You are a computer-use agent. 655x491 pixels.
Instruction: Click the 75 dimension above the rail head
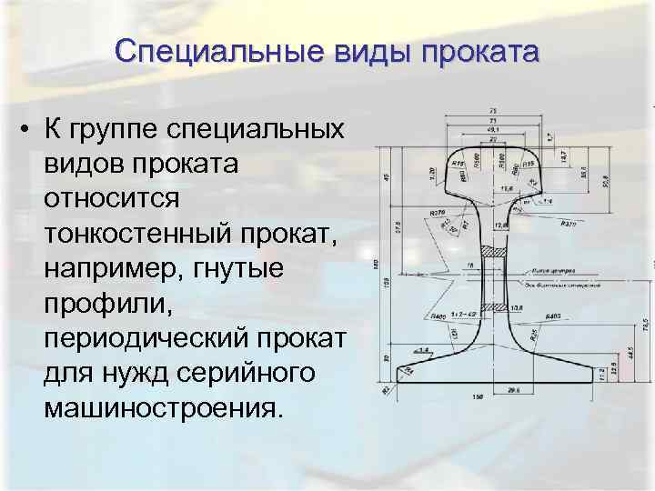492,111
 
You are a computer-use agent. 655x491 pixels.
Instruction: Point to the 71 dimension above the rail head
492,120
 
